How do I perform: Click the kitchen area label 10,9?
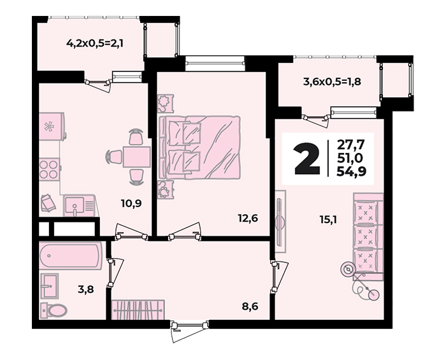click(x=131, y=203)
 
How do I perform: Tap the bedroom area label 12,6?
click(x=248, y=219)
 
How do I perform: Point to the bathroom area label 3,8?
click(x=86, y=290)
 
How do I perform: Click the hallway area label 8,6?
click(x=250, y=306)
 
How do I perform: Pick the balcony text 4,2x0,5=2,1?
click(x=95, y=43)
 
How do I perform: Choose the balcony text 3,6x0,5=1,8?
click(x=332, y=82)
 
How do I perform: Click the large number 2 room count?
click(x=308, y=159)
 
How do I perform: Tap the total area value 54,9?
click(x=351, y=171)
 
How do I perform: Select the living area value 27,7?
click(x=350, y=145)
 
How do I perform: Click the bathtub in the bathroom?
click(x=70, y=256)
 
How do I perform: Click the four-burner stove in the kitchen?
click(x=50, y=169)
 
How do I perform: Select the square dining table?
click(x=136, y=157)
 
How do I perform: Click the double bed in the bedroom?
click(x=199, y=147)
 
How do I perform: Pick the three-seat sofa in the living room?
click(x=368, y=233)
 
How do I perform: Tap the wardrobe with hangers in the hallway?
click(x=138, y=310)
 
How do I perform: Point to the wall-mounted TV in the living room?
click(x=280, y=221)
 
